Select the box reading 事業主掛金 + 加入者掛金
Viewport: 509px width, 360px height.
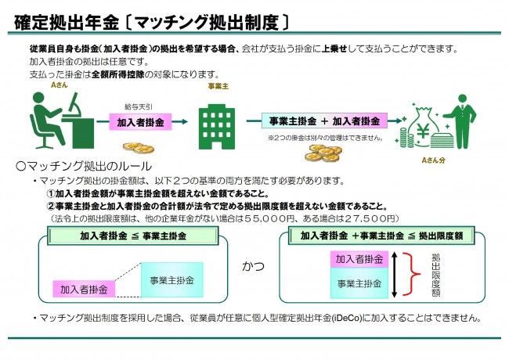(323, 121)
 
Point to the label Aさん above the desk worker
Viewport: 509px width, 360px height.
(57, 84)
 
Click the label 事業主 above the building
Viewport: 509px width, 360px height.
(217, 86)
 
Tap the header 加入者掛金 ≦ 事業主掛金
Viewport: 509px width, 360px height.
(133, 236)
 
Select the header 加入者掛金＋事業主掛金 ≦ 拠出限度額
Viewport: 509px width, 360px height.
(375, 236)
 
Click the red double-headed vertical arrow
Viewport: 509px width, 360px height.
(404, 273)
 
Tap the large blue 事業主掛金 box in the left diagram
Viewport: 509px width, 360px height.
(172, 279)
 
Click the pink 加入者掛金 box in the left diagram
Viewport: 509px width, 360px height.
(83, 289)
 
